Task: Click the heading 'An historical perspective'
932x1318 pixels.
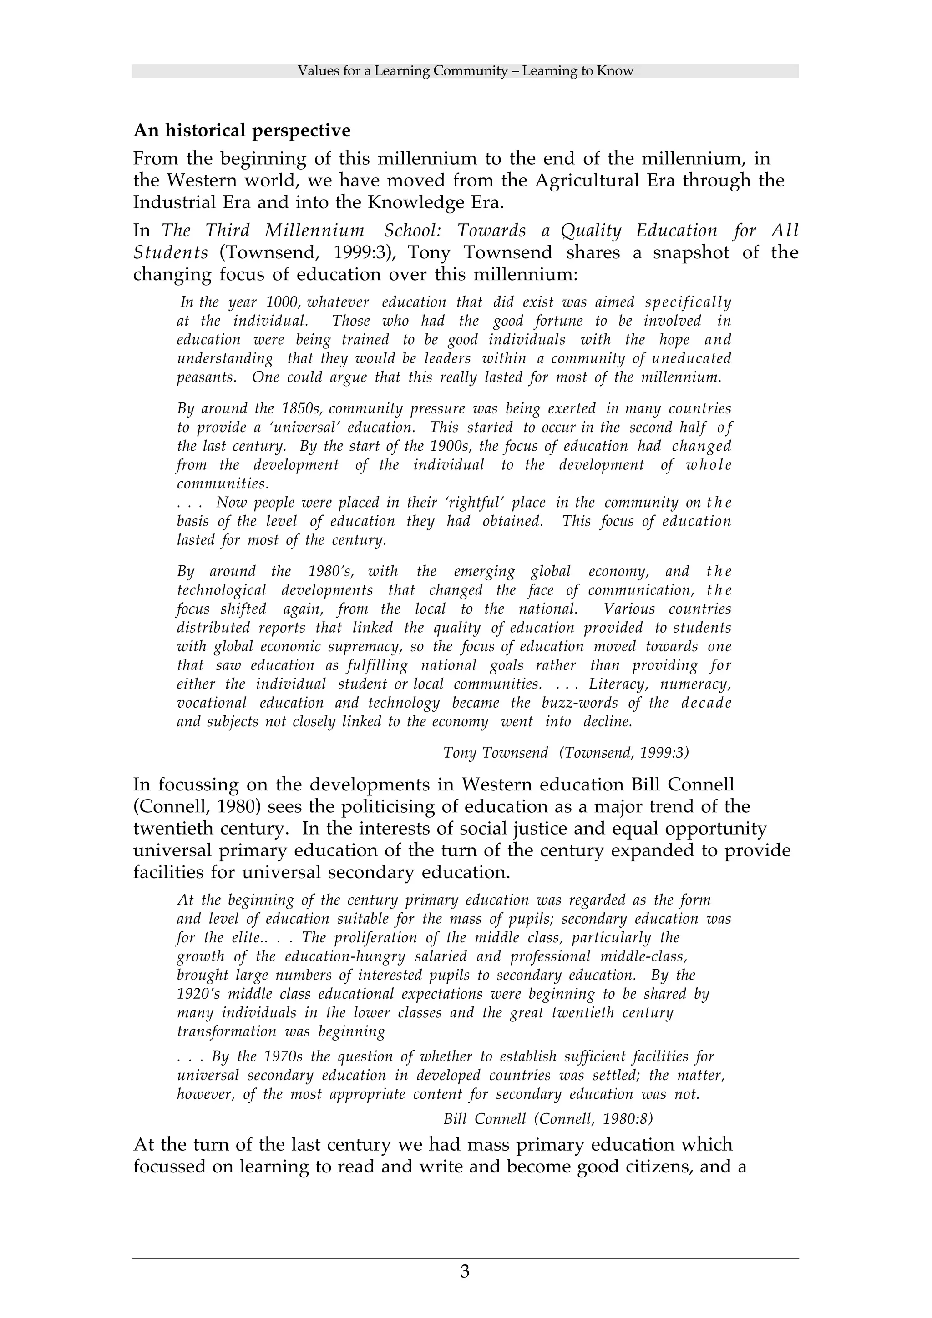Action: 242,131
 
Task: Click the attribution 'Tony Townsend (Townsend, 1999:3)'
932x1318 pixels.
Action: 566,753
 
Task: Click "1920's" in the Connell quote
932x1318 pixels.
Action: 197,994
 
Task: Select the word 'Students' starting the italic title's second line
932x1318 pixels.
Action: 170,252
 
